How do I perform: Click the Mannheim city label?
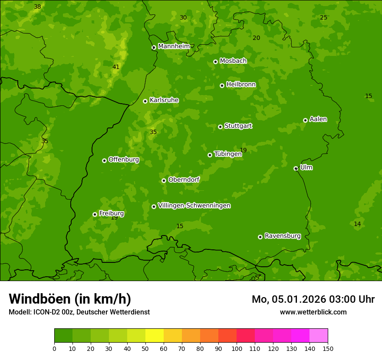coord(174,46)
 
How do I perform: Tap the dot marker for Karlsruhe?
coord(145,101)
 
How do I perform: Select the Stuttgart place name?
coord(238,126)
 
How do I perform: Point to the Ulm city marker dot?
coord(296,168)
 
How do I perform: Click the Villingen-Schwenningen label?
coord(194,206)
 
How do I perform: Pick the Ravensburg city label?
coord(282,236)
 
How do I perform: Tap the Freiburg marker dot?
coord(95,214)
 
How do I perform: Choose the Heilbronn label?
coord(241,85)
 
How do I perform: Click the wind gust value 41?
coord(116,67)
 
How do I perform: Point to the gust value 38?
coord(37,7)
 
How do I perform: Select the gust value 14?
coord(357,224)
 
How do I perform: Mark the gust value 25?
coord(323,17)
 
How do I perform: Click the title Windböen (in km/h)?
coord(69,299)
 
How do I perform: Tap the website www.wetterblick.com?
coord(313,312)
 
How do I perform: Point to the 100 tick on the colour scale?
coord(237,348)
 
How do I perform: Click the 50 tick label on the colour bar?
coord(145,348)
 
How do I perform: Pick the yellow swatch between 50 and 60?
coord(155,336)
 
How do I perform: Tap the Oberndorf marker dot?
coord(164,180)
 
